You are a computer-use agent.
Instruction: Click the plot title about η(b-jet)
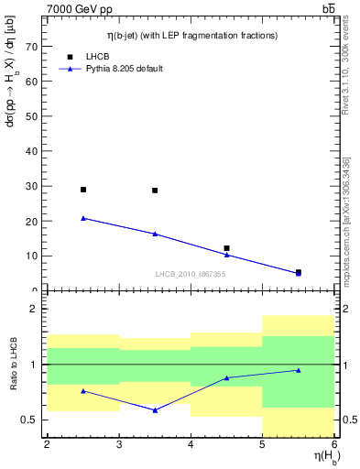[x=191, y=35]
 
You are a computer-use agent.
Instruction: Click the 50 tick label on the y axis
[x=33, y=116]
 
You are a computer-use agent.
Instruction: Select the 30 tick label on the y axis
[x=33, y=186]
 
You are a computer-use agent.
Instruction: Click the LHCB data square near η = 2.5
[x=83, y=190]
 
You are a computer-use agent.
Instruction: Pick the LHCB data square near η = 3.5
[x=155, y=191]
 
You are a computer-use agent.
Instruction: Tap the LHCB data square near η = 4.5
[x=226, y=248]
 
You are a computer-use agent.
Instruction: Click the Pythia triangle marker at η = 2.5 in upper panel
[x=83, y=218]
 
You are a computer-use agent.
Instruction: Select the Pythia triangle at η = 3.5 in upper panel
[x=155, y=234]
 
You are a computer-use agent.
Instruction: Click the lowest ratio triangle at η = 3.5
[x=155, y=409]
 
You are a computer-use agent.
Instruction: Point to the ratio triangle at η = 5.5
[x=299, y=370]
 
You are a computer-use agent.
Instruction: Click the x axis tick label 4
[x=191, y=445]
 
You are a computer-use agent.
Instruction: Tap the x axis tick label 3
[x=119, y=445]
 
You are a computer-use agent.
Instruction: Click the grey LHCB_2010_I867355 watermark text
[x=191, y=274]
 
